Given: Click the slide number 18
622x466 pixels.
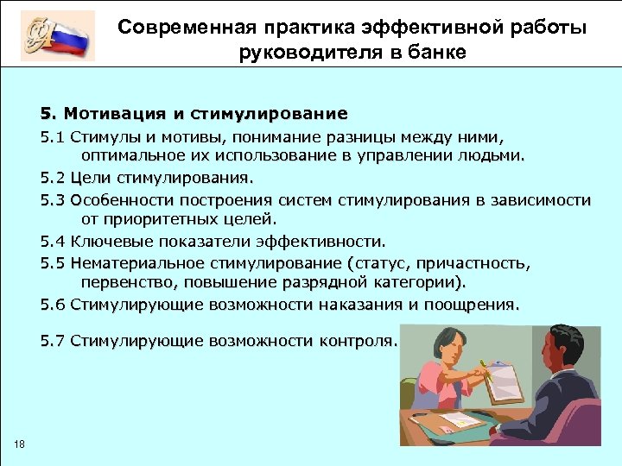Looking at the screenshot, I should tap(20, 444).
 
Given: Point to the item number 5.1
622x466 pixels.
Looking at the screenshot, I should tap(52, 136).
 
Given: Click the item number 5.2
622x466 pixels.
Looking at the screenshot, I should tap(52, 179).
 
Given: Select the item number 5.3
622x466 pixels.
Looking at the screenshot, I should tap(52, 200).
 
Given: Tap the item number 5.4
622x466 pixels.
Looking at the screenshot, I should tap(52, 242).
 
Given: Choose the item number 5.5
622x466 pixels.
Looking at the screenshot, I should tap(52, 263).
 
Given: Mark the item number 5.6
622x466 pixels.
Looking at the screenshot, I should tap(52, 305).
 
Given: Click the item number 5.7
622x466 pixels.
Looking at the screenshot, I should tap(52, 340).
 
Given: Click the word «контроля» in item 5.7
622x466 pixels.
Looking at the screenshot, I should tap(358, 340).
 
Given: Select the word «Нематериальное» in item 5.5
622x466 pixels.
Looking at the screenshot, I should tap(135, 263).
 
